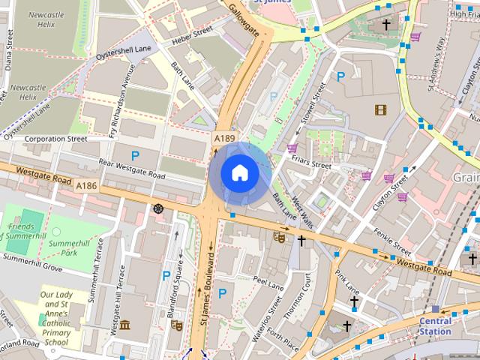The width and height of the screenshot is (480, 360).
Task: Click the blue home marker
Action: tap(239, 172)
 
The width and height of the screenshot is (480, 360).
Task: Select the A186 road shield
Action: tap(86, 185)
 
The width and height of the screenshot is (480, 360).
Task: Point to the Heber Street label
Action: tap(192, 35)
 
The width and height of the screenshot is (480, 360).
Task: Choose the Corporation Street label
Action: tap(55, 139)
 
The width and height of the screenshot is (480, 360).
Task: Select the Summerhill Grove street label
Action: tap(31, 262)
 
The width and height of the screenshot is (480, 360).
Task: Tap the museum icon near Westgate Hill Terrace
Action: tap(125, 325)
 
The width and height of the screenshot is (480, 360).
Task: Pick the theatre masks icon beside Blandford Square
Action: tap(177, 325)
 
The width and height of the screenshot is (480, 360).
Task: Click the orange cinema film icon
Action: tap(381, 110)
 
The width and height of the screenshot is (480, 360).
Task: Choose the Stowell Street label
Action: tap(310, 108)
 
